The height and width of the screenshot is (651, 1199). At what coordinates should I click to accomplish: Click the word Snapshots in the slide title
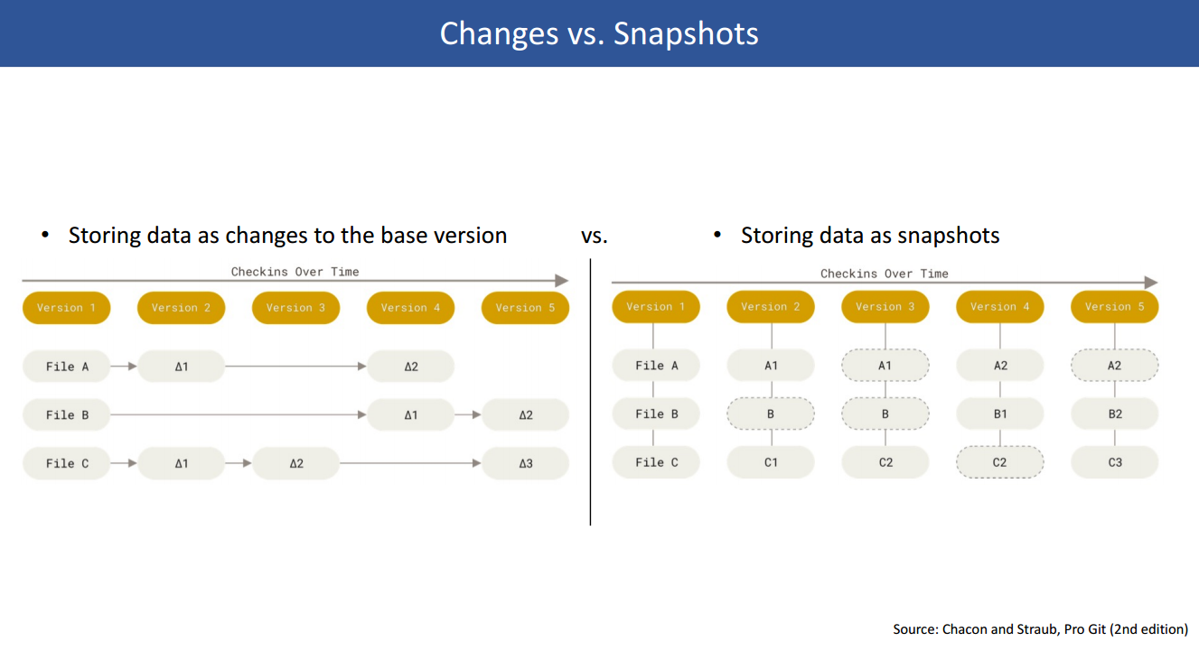686,33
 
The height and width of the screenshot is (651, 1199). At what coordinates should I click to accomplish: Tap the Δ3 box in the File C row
525,463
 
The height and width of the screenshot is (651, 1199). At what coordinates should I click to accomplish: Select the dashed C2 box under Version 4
1000,462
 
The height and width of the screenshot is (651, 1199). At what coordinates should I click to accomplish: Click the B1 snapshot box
1000,414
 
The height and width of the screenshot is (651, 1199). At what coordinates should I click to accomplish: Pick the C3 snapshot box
1114,462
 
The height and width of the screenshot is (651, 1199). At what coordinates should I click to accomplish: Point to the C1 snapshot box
771,462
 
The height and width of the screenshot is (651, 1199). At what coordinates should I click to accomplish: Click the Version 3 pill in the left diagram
296,308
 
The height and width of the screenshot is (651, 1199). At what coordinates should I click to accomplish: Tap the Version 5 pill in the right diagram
1114,306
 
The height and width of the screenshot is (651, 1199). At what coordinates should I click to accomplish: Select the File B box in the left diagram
66,414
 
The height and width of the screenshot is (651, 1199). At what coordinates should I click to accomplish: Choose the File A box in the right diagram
656,366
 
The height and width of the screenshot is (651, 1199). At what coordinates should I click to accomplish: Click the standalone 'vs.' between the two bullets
595,236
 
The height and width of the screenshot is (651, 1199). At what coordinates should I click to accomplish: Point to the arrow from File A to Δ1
124,367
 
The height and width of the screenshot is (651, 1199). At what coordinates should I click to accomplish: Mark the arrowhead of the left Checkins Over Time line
561,280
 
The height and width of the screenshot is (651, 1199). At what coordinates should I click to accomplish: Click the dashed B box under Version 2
771,414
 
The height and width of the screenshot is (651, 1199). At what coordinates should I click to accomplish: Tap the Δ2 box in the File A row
410,367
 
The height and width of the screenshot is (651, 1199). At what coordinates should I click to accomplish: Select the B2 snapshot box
1114,414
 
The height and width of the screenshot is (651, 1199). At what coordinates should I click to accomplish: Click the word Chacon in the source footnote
965,629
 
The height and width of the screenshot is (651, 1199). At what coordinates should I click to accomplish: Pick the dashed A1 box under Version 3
885,366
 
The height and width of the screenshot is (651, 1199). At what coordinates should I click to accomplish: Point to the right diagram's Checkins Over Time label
885,274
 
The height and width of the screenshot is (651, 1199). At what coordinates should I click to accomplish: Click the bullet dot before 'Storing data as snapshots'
717,234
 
